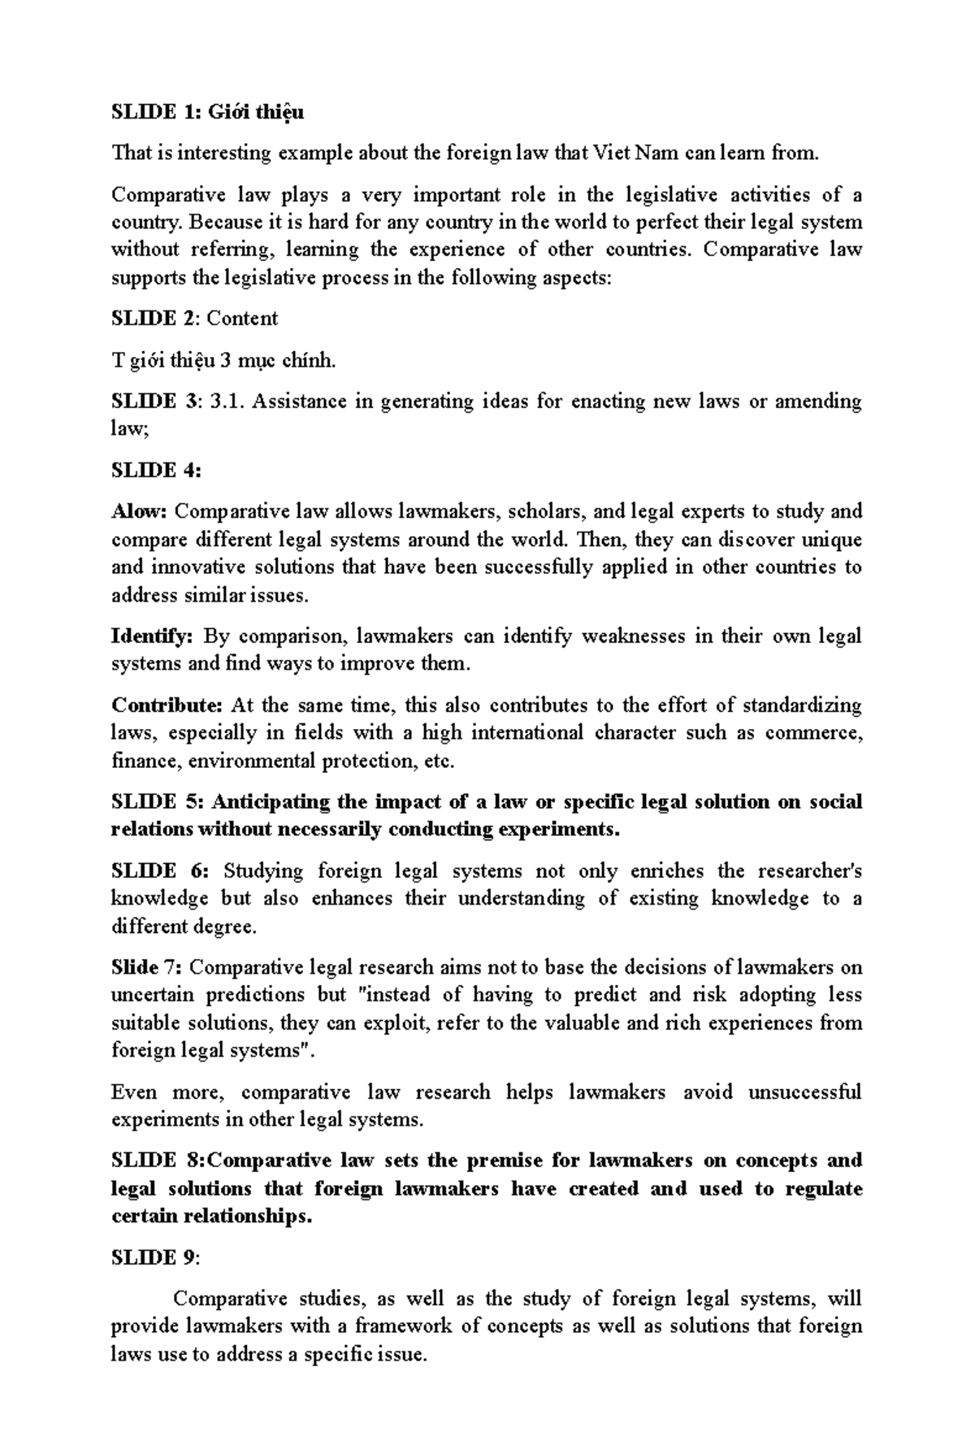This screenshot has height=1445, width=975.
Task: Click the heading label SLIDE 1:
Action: [x=154, y=112]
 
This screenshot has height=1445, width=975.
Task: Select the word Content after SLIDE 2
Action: [x=242, y=319]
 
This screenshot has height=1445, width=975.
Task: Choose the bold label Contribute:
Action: [x=167, y=705]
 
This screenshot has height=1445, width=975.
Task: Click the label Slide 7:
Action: [x=147, y=968]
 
